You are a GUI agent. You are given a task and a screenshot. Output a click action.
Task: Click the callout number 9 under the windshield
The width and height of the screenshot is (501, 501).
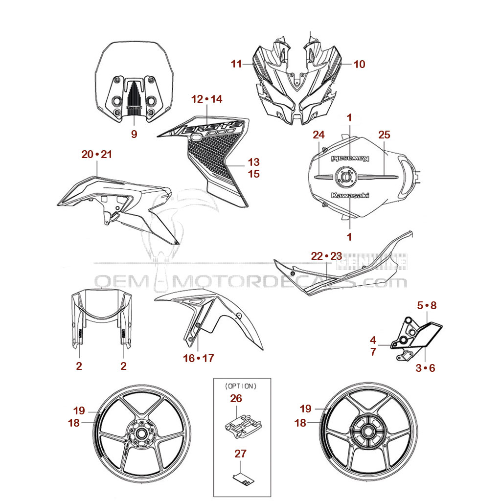pos(134,134)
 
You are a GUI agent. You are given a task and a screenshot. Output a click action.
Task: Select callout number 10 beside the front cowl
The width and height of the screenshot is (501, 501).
pos(359,64)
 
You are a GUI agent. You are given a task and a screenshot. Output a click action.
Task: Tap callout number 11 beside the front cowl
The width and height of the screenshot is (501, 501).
pos(237,64)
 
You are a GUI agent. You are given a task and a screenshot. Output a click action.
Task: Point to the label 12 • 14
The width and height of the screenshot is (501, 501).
pos(206,99)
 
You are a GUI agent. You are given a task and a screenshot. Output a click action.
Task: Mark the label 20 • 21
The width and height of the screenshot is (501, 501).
pos(97,155)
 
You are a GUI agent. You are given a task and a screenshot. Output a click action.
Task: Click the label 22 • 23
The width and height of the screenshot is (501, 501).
pos(326,256)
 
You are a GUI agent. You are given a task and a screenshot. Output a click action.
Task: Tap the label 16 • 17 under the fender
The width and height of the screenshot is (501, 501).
pos(199,358)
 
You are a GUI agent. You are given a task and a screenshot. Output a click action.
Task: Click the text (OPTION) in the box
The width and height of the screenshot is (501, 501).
pos(241,386)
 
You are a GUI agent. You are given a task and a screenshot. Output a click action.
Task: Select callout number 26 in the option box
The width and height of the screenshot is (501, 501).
pos(236,399)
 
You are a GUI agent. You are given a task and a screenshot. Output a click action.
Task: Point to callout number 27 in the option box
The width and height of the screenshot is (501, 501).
pos(240,454)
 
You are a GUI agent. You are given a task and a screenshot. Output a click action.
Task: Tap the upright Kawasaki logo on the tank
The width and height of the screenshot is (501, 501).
pos(350,195)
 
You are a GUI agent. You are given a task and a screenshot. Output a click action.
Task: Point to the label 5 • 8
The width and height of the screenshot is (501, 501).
pos(426,306)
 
